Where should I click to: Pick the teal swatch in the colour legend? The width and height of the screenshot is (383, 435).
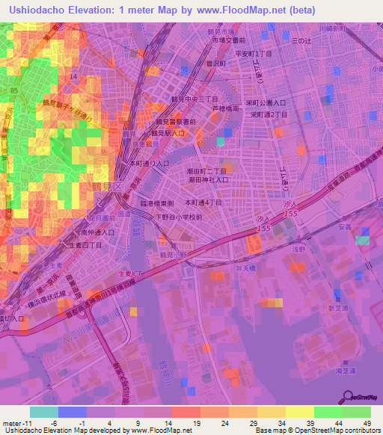pyautogui.click(x=43, y=412)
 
